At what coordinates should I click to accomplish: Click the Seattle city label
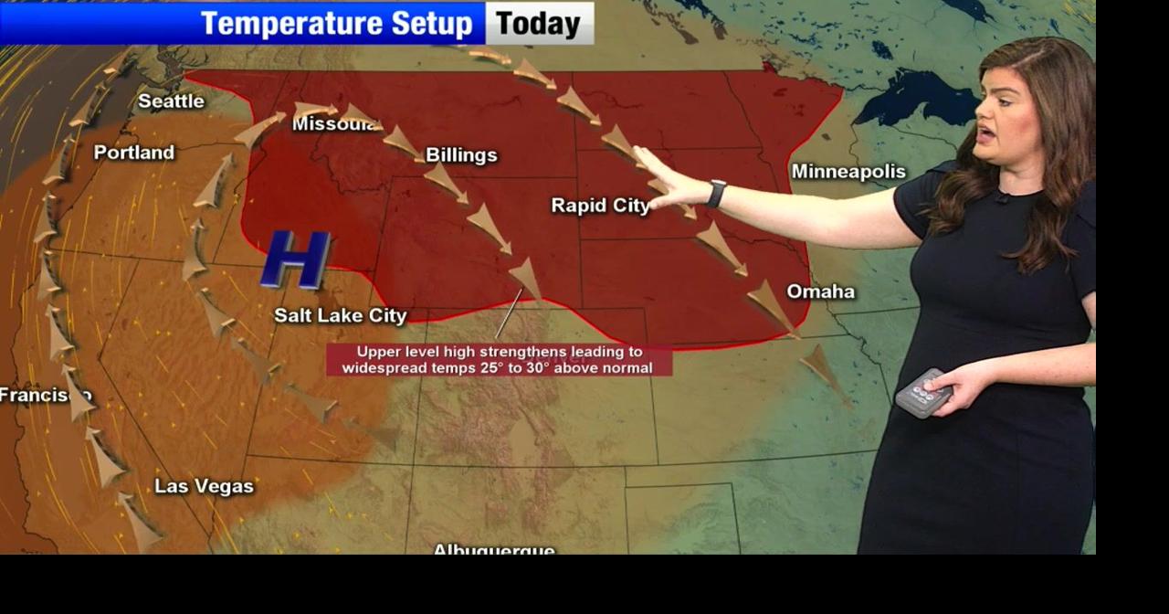click(171, 101)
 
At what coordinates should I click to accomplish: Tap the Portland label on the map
click(134, 153)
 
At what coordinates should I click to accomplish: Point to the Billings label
click(461, 155)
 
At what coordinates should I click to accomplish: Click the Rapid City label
click(599, 206)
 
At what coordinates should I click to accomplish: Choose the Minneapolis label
click(848, 172)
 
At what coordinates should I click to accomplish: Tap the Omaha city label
click(821, 291)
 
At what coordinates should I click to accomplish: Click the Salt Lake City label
click(341, 315)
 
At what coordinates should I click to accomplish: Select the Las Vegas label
click(204, 486)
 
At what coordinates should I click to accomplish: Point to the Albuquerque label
click(493, 549)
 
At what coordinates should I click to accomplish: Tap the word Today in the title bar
click(539, 24)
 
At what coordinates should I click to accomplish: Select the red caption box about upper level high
click(499, 360)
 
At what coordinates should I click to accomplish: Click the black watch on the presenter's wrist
click(716, 194)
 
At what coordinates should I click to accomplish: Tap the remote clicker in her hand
click(923, 393)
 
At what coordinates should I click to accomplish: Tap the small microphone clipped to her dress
click(1001, 196)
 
